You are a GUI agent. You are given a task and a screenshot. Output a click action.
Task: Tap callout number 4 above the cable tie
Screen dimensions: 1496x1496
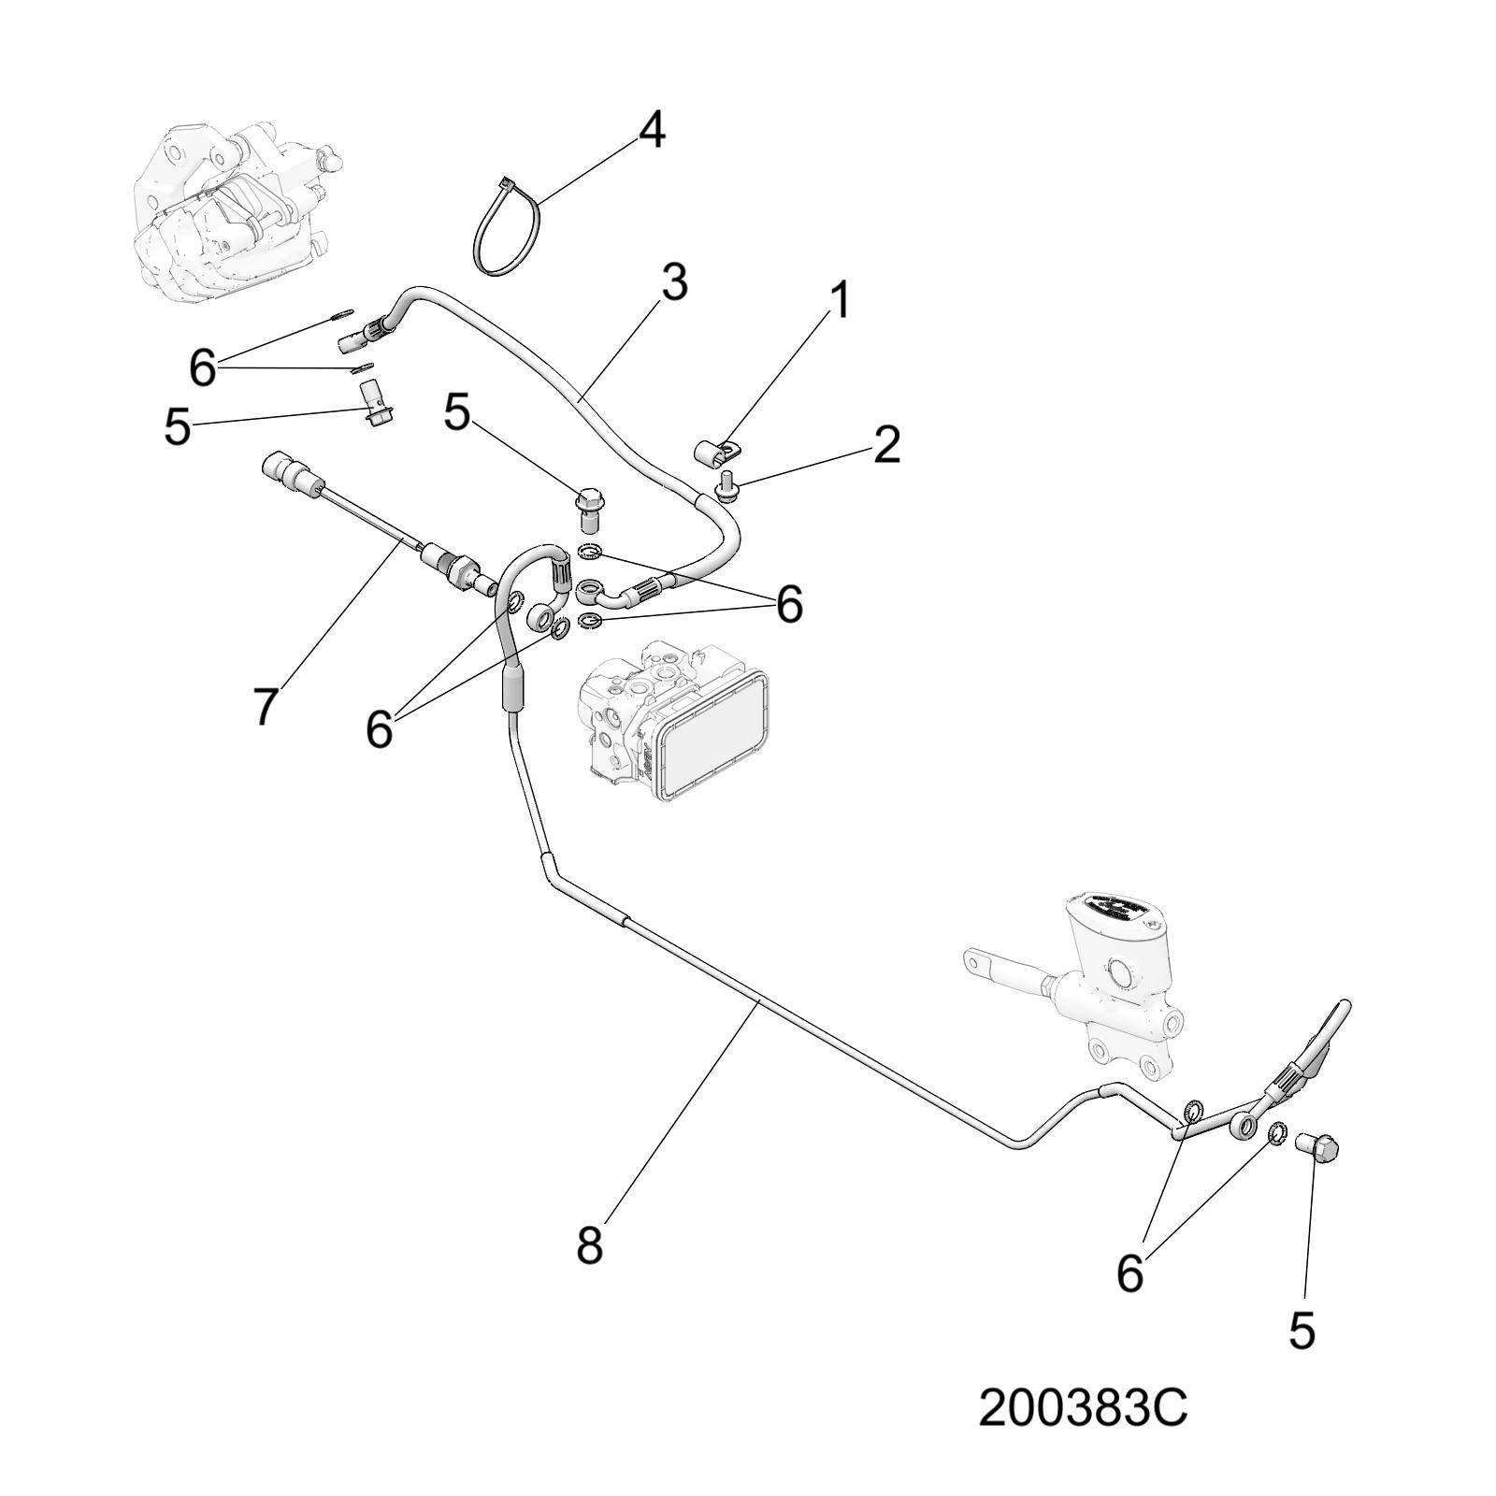click(x=652, y=131)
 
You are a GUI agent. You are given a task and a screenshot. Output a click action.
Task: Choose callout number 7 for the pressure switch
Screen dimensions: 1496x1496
click(x=265, y=706)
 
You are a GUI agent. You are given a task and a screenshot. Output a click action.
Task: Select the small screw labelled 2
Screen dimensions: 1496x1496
click(x=726, y=487)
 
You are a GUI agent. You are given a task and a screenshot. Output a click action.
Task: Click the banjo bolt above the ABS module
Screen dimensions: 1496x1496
click(x=588, y=508)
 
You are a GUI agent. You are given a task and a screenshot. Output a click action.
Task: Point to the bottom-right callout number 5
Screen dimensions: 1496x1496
click(x=1302, y=1331)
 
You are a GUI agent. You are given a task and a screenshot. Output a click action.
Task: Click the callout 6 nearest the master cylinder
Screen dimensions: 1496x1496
click(x=1130, y=1273)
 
